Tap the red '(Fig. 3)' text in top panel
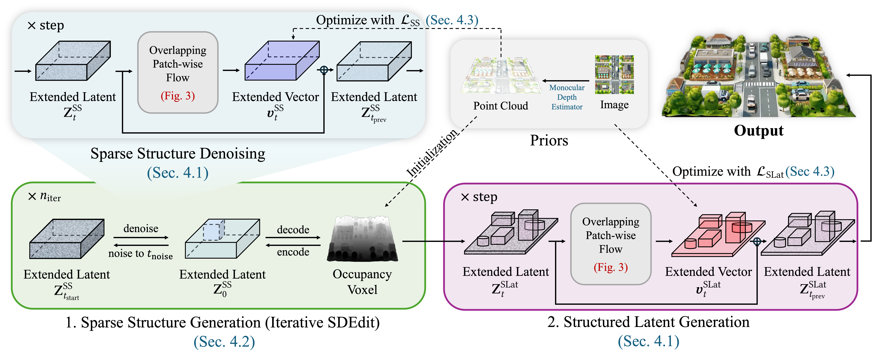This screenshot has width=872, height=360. pos(178,96)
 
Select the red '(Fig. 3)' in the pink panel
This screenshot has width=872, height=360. pos(611,267)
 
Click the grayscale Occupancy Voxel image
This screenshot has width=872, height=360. pos(362,239)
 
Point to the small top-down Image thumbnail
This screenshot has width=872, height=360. pos(614,74)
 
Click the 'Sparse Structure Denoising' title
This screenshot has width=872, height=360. pos(178,153)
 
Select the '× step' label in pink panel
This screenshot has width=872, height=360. pos(479,197)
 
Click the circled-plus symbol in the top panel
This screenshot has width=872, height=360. pos(324,70)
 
